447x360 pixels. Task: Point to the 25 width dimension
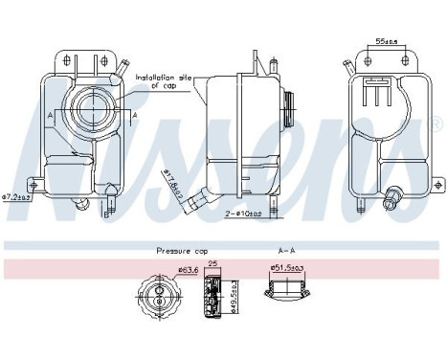point(214,264)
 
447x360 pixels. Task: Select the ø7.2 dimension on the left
point(18,197)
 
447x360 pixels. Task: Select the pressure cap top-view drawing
point(158,294)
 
